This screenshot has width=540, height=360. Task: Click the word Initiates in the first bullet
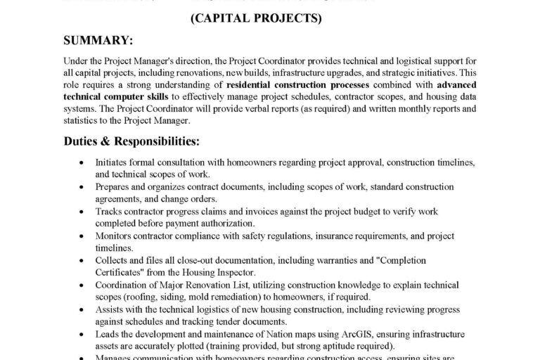[x=112, y=162]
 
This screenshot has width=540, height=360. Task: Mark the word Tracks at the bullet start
[x=110, y=211]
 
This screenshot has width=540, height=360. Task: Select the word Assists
[x=111, y=309]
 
